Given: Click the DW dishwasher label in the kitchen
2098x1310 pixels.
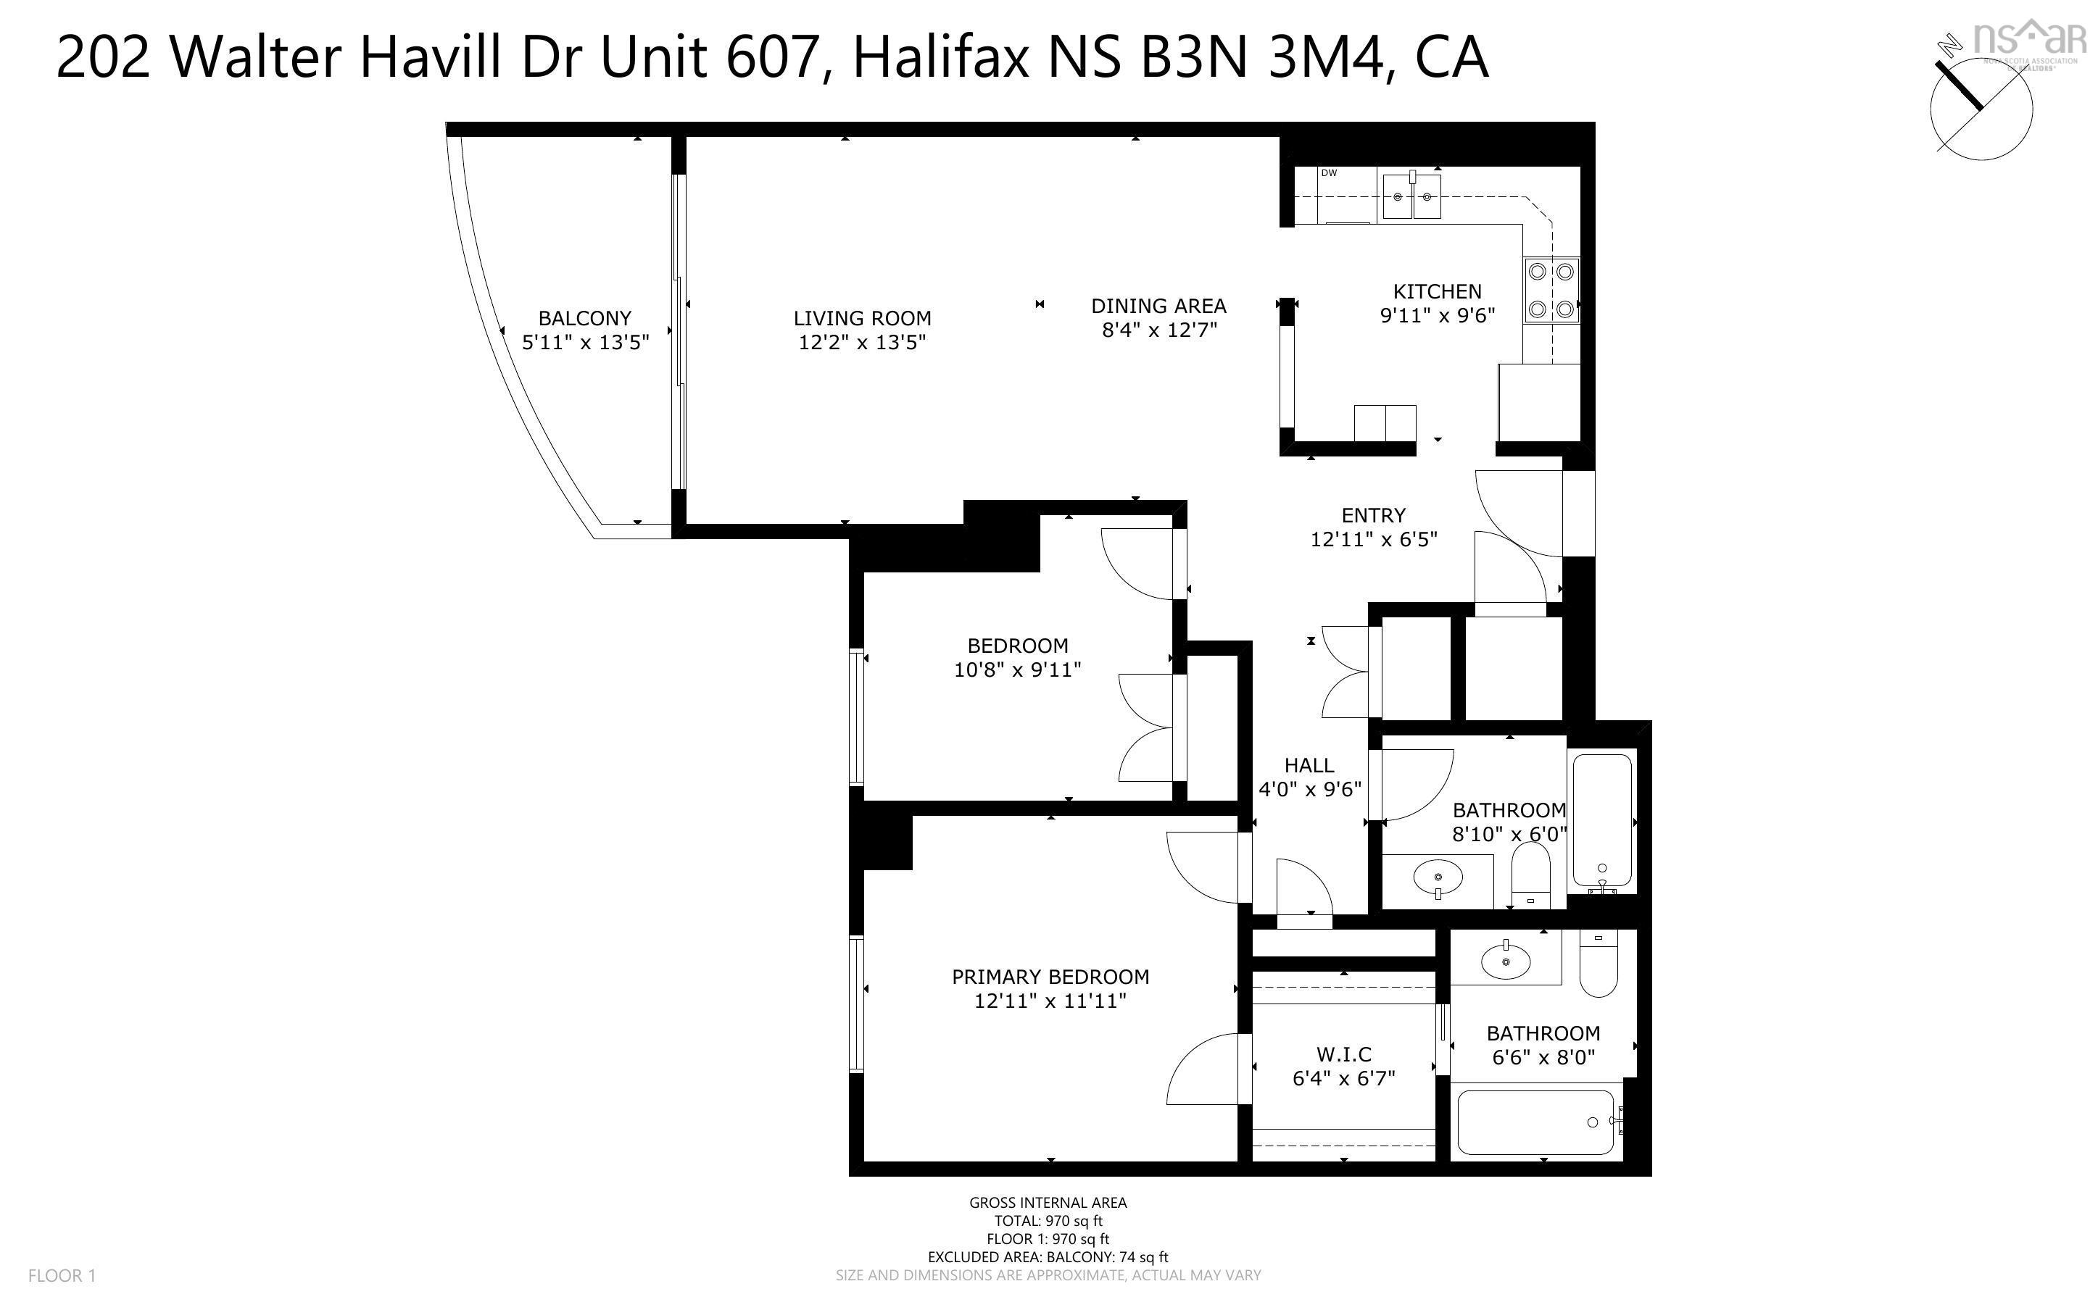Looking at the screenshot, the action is click(1329, 173).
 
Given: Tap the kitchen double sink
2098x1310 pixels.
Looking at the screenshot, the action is click(1411, 196).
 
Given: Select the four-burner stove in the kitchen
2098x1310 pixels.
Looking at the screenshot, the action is click(1551, 291).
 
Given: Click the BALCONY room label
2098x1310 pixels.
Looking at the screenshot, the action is click(585, 318).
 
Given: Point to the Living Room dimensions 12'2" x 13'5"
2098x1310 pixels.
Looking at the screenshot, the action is click(862, 342).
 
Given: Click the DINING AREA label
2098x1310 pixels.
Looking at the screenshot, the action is click(1158, 306).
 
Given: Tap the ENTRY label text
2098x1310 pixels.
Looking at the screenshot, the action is click(1374, 514).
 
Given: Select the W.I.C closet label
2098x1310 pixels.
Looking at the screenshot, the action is click(1344, 1054).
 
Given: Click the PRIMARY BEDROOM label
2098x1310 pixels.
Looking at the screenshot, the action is click(1050, 977).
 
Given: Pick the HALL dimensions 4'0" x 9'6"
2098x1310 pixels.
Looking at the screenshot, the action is click(1309, 789).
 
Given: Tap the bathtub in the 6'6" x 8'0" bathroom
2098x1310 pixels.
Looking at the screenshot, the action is click(1535, 1123).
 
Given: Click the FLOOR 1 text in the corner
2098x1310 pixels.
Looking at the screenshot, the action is click(62, 1275).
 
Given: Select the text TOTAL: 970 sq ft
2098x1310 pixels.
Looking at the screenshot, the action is click(1048, 1221).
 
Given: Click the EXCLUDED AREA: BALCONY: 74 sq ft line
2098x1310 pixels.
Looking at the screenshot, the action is click(1048, 1257).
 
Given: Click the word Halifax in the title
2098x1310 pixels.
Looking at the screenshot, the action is click(941, 58).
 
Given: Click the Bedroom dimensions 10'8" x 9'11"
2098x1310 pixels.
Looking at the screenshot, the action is click(1017, 669).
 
